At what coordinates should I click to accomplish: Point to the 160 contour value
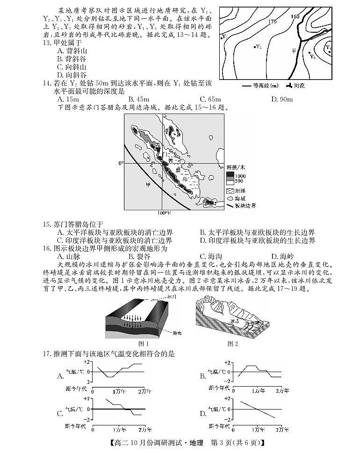(x=295, y=17)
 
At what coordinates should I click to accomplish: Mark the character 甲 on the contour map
(x=294, y=50)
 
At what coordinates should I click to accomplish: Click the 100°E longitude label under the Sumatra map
(x=164, y=213)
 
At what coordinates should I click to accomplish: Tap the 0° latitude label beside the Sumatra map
(x=121, y=163)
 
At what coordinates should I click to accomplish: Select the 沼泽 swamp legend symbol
(x=230, y=191)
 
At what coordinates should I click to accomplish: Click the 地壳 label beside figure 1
(x=177, y=333)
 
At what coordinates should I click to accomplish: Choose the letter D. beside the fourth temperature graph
(x=203, y=413)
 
